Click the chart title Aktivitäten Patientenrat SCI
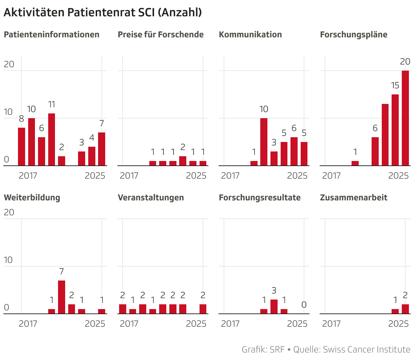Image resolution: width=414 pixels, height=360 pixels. click(x=102, y=12)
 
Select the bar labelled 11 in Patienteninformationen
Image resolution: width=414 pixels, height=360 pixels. click(x=52, y=140)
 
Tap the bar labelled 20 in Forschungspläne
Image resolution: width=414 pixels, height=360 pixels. click(x=405, y=118)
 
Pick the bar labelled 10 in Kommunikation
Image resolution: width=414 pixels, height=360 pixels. click(x=264, y=142)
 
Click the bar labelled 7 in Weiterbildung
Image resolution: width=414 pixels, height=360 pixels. click(x=61, y=297)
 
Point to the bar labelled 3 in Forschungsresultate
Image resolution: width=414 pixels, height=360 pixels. click(x=274, y=306)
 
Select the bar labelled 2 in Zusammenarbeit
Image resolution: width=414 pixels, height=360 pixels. click(x=405, y=309)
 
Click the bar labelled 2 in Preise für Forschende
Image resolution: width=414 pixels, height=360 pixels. click(x=183, y=161)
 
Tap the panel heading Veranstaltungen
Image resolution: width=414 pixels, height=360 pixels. click(x=151, y=198)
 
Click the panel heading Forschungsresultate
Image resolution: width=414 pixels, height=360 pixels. click(x=260, y=198)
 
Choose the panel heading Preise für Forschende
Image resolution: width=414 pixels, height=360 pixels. click(x=161, y=35)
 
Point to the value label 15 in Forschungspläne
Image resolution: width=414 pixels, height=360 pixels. click(x=395, y=86)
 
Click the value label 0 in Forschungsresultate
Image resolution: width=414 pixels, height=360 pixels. click(x=304, y=305)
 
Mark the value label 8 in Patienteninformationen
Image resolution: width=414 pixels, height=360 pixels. click(x=21, y=119)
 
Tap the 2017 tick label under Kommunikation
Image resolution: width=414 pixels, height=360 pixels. click(x=230, y=176)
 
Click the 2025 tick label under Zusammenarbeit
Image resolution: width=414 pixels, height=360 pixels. click(x=398, y=324)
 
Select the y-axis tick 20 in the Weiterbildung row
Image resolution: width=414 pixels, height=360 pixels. click(x=9, y=212)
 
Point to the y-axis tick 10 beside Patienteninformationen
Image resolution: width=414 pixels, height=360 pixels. click(x=8, y=112)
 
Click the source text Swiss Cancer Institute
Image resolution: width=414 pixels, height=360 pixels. click(x=366, y=349)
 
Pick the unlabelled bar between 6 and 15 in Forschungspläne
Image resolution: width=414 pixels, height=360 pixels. click(x=385, y=135)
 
